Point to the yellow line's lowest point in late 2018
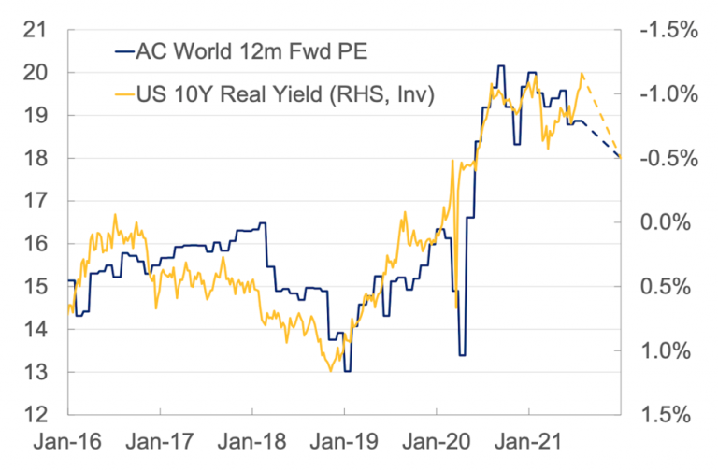330,371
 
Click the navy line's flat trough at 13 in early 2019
347,372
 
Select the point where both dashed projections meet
620,157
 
